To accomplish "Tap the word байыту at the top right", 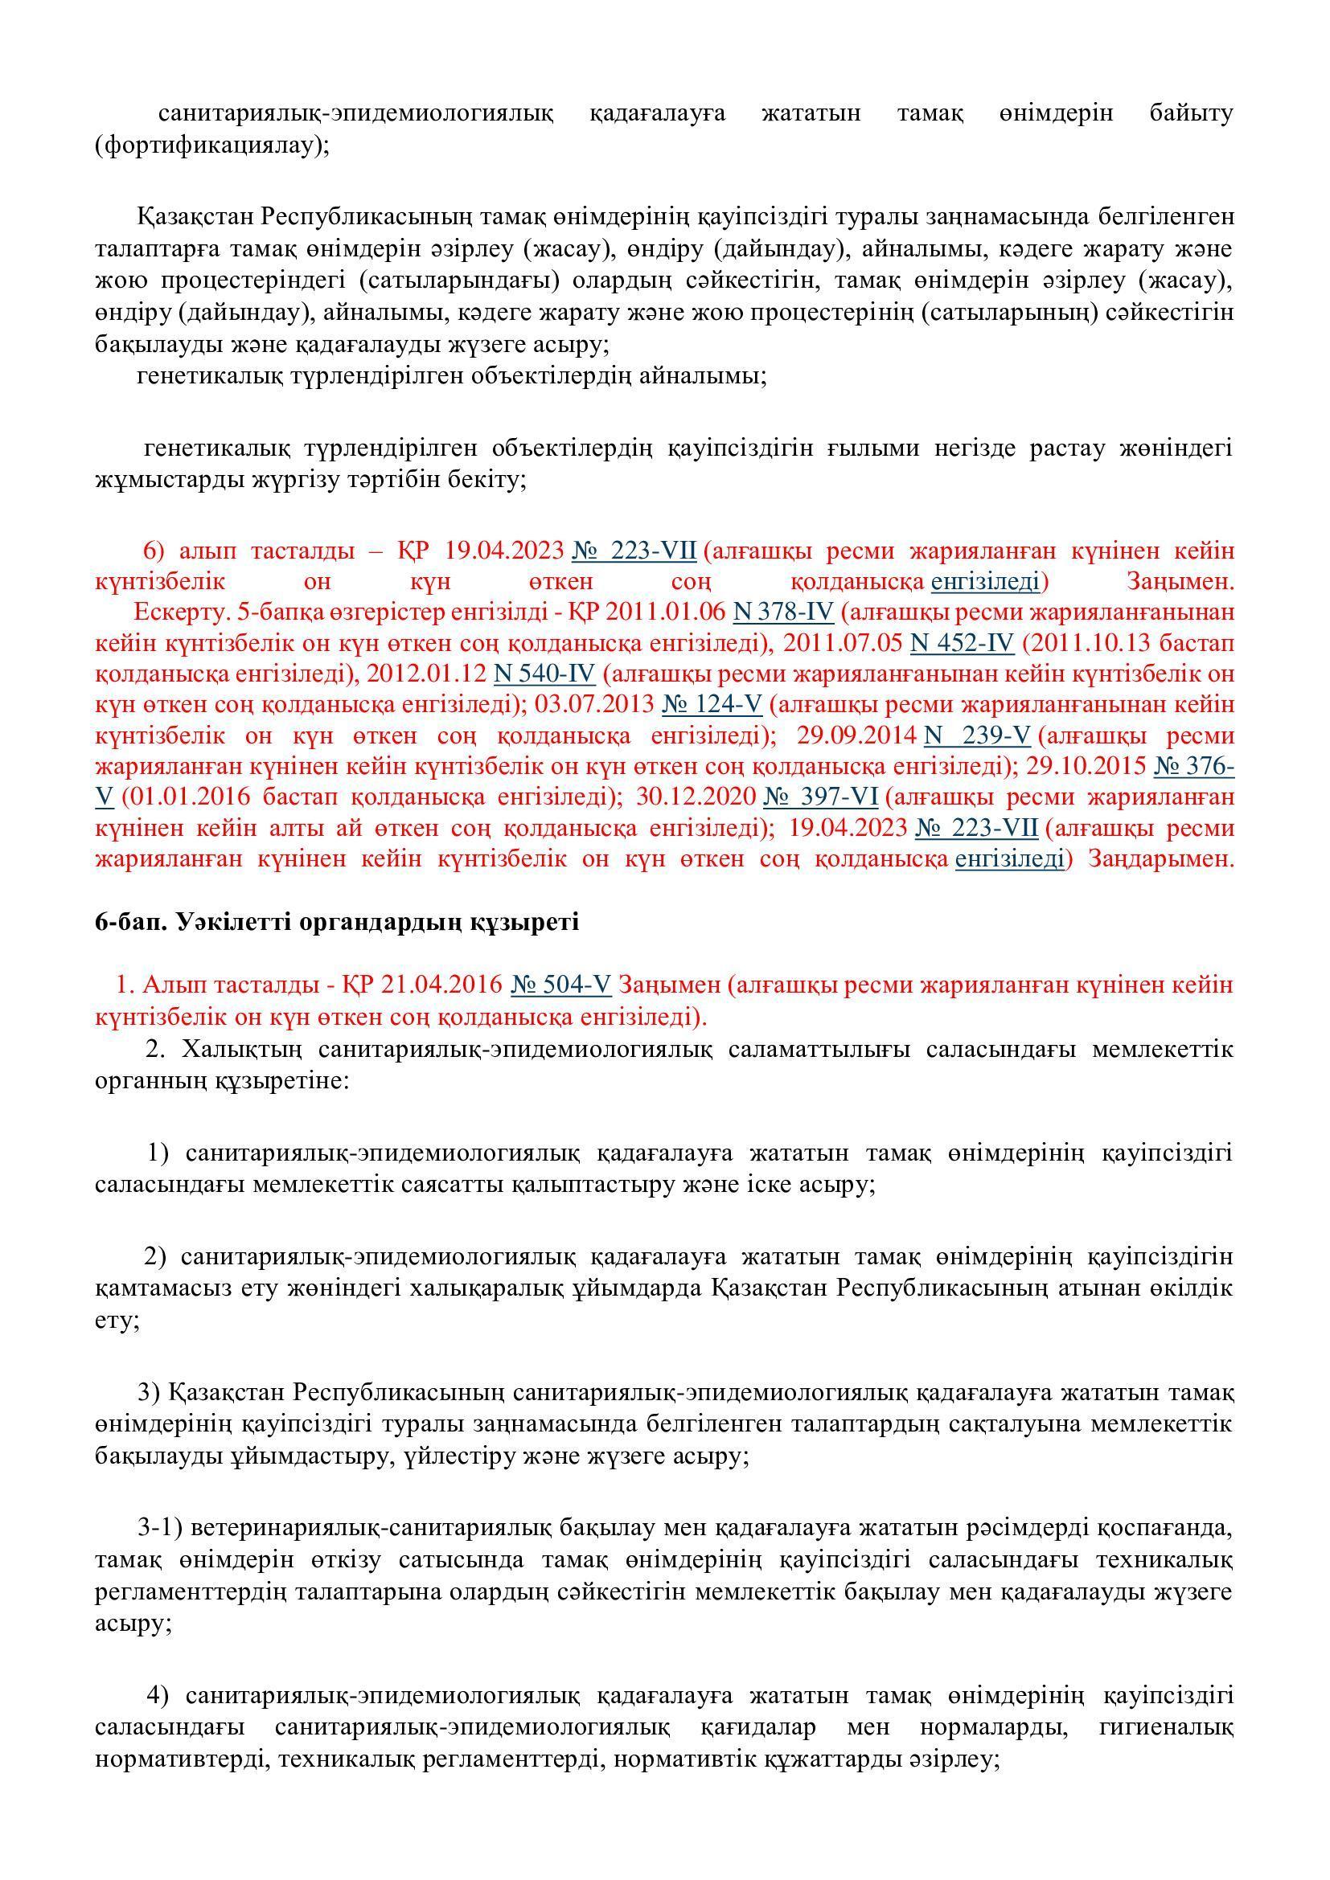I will point(1191,113).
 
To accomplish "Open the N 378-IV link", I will point(783,612).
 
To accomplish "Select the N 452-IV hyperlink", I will point(963,643).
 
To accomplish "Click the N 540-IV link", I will point(544,674).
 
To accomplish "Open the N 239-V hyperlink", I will point(977,735).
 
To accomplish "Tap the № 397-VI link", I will point(821,797).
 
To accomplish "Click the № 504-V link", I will point(561,985).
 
